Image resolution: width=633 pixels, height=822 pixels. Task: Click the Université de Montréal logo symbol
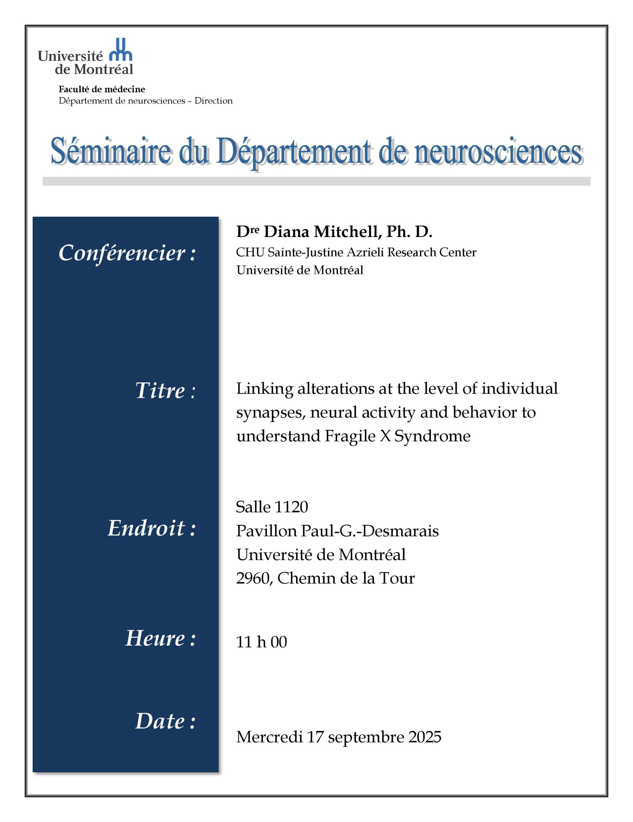tap(120, 50)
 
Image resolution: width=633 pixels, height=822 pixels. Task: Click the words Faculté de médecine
tap(101, 89)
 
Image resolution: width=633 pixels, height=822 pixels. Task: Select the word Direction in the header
tap(213, 101)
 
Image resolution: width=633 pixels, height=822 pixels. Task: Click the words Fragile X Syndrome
tap(397, 436)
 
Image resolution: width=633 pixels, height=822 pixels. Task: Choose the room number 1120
tap(291, 507)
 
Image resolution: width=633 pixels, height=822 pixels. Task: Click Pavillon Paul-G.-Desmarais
tap(337, 531)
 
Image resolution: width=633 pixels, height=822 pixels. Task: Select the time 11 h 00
tap(261, 642)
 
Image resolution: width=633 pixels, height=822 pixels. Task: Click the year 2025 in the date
tap(425, 737)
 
